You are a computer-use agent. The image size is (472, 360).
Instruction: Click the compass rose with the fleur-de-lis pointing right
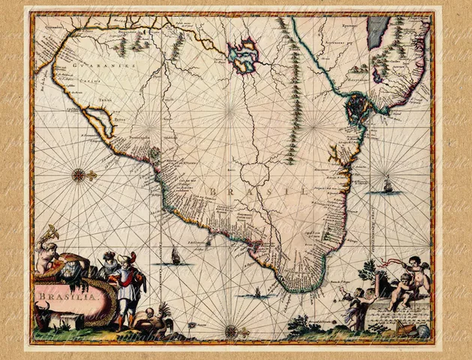(x=79, y=175)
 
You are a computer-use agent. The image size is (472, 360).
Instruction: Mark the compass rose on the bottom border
(x=231, y=331)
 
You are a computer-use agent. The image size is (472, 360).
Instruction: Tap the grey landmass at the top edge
(x=377, y=32)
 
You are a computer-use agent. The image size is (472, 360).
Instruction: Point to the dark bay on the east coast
(x=356, y=110)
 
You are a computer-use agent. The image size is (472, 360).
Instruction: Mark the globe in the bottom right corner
(x=422, y=328)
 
